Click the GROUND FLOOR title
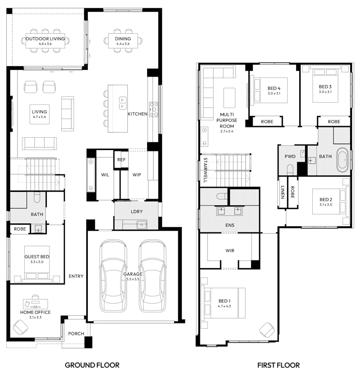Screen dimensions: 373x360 point(92,364)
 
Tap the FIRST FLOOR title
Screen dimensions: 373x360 point(279,364)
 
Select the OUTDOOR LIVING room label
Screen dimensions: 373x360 point(45,39)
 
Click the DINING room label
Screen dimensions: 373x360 point(122,39)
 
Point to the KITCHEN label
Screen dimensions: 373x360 point(137,114)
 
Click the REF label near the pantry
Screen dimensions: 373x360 point(121,159)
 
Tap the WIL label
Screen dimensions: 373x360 point(105,174)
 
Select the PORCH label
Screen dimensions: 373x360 point(76,334)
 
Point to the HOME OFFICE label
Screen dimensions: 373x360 point(35,312)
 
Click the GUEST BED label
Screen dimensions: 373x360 point(36,257)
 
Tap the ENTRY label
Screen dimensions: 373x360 point(76,276)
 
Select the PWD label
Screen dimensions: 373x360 point(290,156)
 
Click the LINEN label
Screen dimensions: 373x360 point(282,192)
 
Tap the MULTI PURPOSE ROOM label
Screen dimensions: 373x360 point(225,120)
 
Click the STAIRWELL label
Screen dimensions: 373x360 point(205,170)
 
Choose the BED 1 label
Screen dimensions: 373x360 point(224,300)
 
